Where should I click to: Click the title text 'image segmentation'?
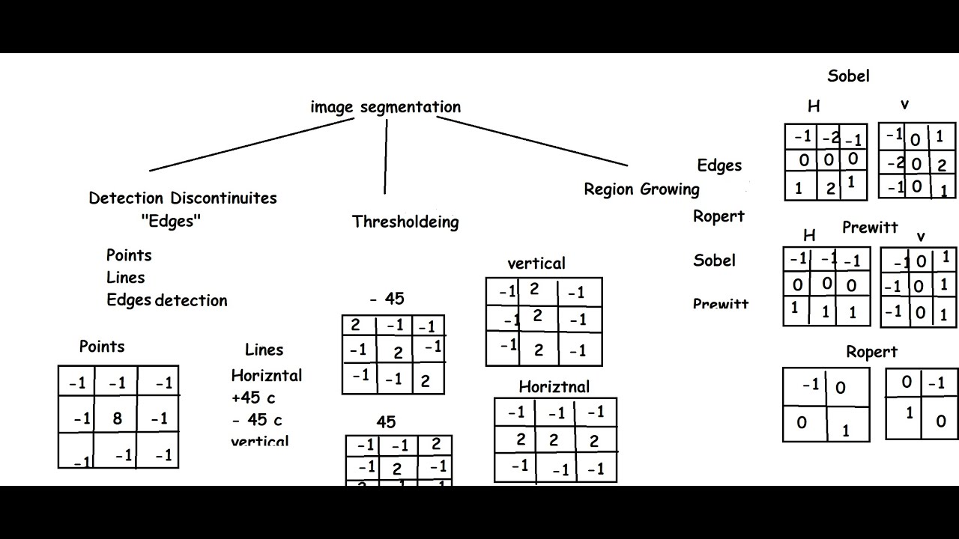[386, 107]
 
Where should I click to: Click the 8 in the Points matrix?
[118, 418]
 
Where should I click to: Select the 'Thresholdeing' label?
[405, 222]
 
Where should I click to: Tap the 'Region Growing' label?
[641, 189]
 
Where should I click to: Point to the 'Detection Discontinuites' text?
[183, 198]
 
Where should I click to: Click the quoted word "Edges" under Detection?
[171, 221]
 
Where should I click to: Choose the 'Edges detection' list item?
[166, 300]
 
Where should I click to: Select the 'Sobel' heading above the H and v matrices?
[848, 76]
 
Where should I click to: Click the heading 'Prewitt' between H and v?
[870, 227]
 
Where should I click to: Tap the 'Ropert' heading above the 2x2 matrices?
[871, 352]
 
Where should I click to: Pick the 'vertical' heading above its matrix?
[536, 264]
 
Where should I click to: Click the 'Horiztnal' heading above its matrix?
[554, 387]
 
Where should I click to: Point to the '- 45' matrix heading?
[387, 299]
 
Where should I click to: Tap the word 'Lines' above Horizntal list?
[264, 350]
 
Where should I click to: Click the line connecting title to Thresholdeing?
[386, 157]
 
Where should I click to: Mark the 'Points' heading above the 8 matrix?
[102, 347]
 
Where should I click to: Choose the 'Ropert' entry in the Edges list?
[719, 216]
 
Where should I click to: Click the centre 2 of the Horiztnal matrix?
[554, 440]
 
